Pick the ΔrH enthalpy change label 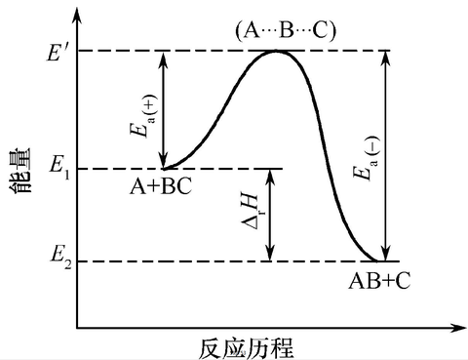(x=251, y=215)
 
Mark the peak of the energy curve (x=278, y=50)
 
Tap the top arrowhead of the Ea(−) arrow (x=387, y=55)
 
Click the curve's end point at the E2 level (x=378, y=260)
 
